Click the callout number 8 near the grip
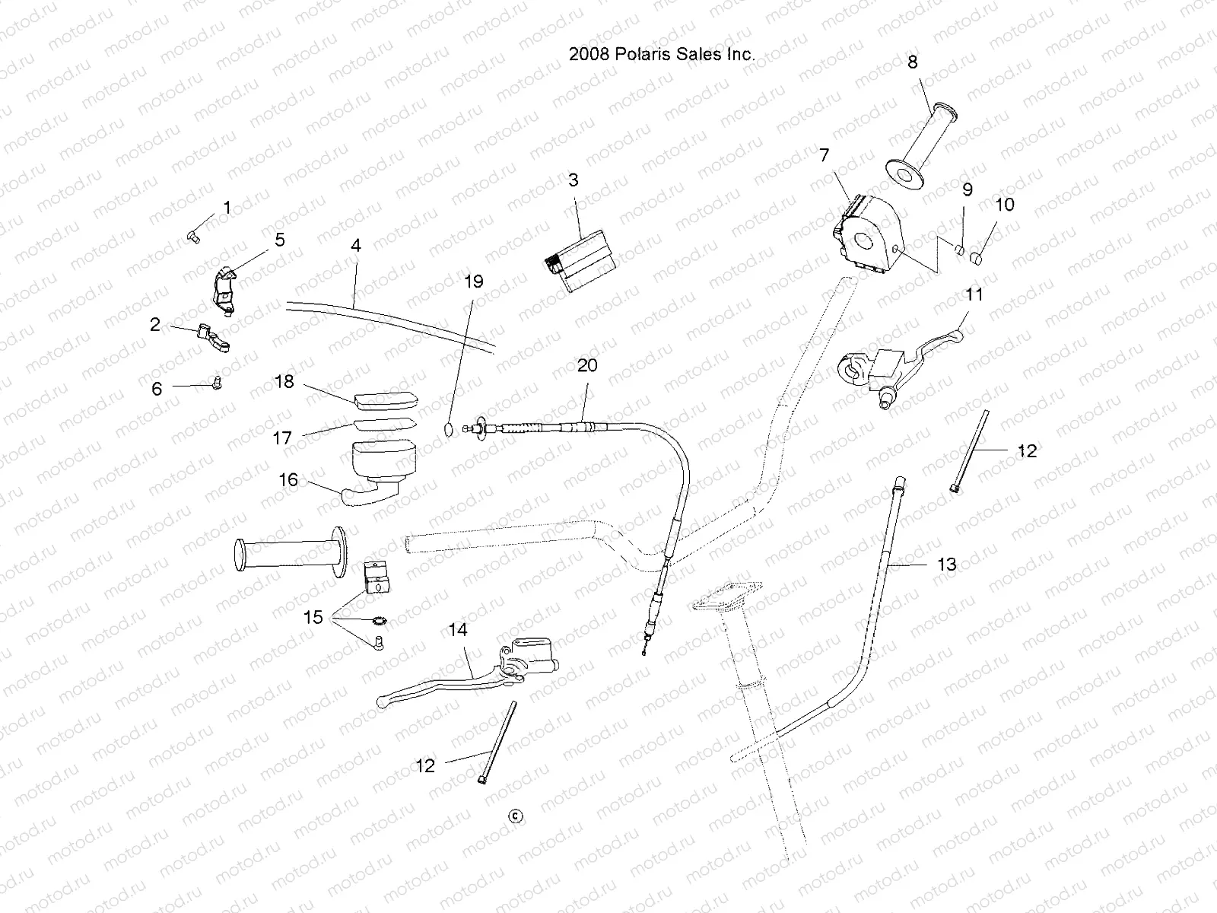pos(912,62)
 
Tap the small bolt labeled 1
pos(192,238)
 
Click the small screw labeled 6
pos(217,384)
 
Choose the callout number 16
pos(288,480)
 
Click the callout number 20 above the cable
pos(586,365)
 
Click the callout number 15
pos(313,618)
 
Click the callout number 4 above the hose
pos(355,246)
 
